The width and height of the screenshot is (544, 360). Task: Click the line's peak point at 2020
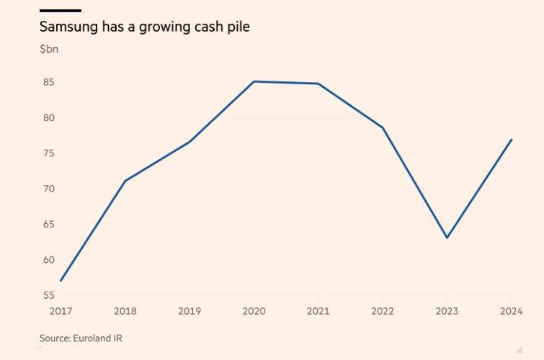pyautogui.click(x=254, y=81)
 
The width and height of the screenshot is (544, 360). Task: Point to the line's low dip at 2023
pyautogui.click(x=447, y=238)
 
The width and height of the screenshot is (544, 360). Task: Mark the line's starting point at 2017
pyautogui.click(x=61, y=281)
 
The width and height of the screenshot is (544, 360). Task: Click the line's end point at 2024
pyautogui.click(x=512, y=139)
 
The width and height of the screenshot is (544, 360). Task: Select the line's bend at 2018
pyautogui.click(x=125, y=180)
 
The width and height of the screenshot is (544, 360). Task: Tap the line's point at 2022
pyautogui.click(x=383, y=128)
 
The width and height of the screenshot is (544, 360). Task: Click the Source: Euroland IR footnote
pyautogui.click(x=76, y=338)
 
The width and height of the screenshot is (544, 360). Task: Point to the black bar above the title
pyautogui.click(x=61, y=10)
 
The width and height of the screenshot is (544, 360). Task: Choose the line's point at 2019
pyautogui.click(x=189, y=142)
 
